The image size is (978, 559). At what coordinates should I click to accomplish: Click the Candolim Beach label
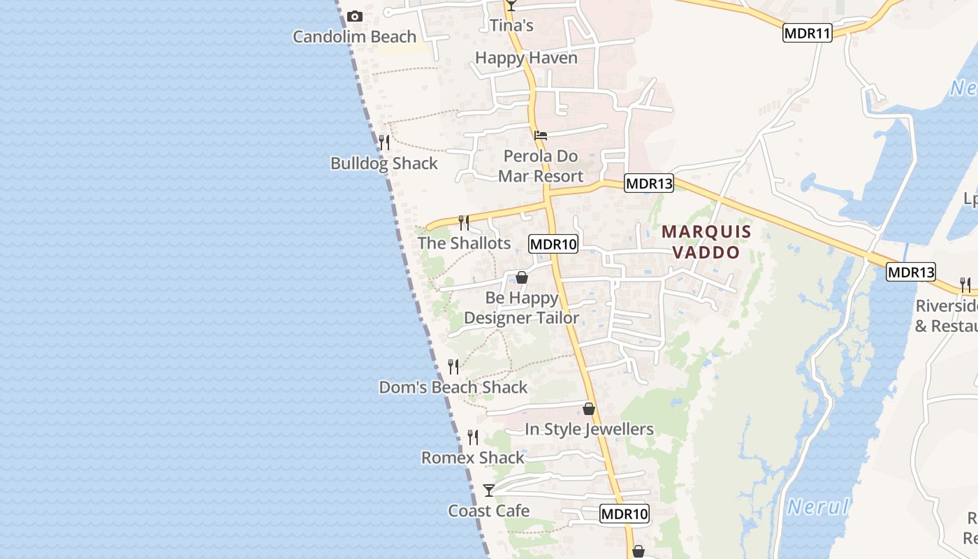pos(354,36)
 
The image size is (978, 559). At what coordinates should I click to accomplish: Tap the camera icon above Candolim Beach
pos(355,16)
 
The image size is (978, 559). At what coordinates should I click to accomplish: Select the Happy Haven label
pos(526,57)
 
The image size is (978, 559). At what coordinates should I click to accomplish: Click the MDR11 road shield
pos(808,33)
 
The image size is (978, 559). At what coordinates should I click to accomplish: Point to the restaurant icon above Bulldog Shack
pos(384,143)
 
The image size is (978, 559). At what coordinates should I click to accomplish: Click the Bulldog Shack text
pos(384,164)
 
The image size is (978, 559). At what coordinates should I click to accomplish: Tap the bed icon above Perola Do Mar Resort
pos(540,136)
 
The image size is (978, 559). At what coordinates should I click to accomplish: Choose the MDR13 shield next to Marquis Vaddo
pos(649,184)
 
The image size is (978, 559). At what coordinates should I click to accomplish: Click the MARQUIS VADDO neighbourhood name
pos(706,241)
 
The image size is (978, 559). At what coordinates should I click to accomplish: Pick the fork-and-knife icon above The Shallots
pos(463,223)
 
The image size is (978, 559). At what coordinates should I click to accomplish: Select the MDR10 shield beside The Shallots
pos(553,244)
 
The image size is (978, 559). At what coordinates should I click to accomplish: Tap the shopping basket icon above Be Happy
pos(521,277)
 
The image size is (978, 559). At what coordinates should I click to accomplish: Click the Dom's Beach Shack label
pos(453,387)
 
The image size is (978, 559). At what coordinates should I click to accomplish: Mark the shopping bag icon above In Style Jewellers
pos(589,409)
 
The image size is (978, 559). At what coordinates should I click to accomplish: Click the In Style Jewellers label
pos(589,429)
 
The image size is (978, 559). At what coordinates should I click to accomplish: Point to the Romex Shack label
pos(472,458)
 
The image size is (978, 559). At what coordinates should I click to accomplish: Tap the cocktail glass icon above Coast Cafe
pos(489,491)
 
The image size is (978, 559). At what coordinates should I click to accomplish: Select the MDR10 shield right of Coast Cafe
pos(625,514)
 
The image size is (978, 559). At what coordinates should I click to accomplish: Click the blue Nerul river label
pos(817,507)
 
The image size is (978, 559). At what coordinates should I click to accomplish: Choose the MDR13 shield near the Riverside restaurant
pos(911,272)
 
